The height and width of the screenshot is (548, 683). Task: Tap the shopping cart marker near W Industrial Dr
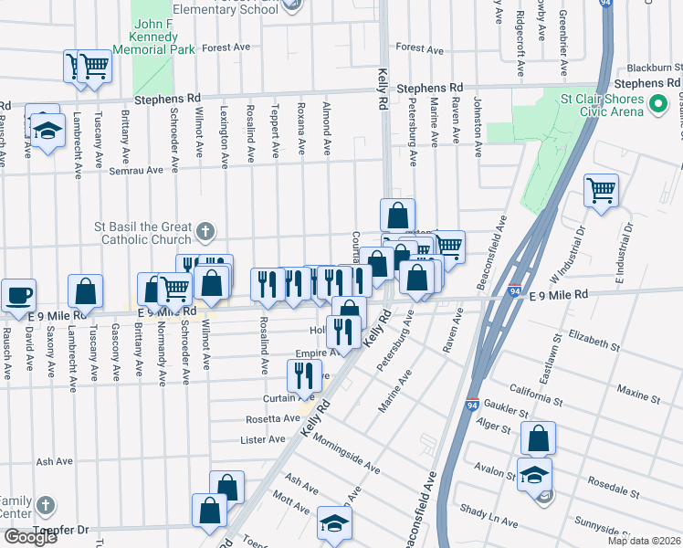pyautogui.click(x=602, y=192)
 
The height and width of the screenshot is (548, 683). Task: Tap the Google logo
pyautogui.click(x=29, y=537)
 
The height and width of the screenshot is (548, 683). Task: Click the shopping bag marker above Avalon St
pyautogui.click(x=539, y=439)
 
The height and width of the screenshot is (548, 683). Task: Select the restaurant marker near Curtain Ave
pyautogui.click(x=303, y=375)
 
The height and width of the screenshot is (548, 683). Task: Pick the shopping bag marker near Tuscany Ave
pyautogui.click(x=85, y=292)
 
